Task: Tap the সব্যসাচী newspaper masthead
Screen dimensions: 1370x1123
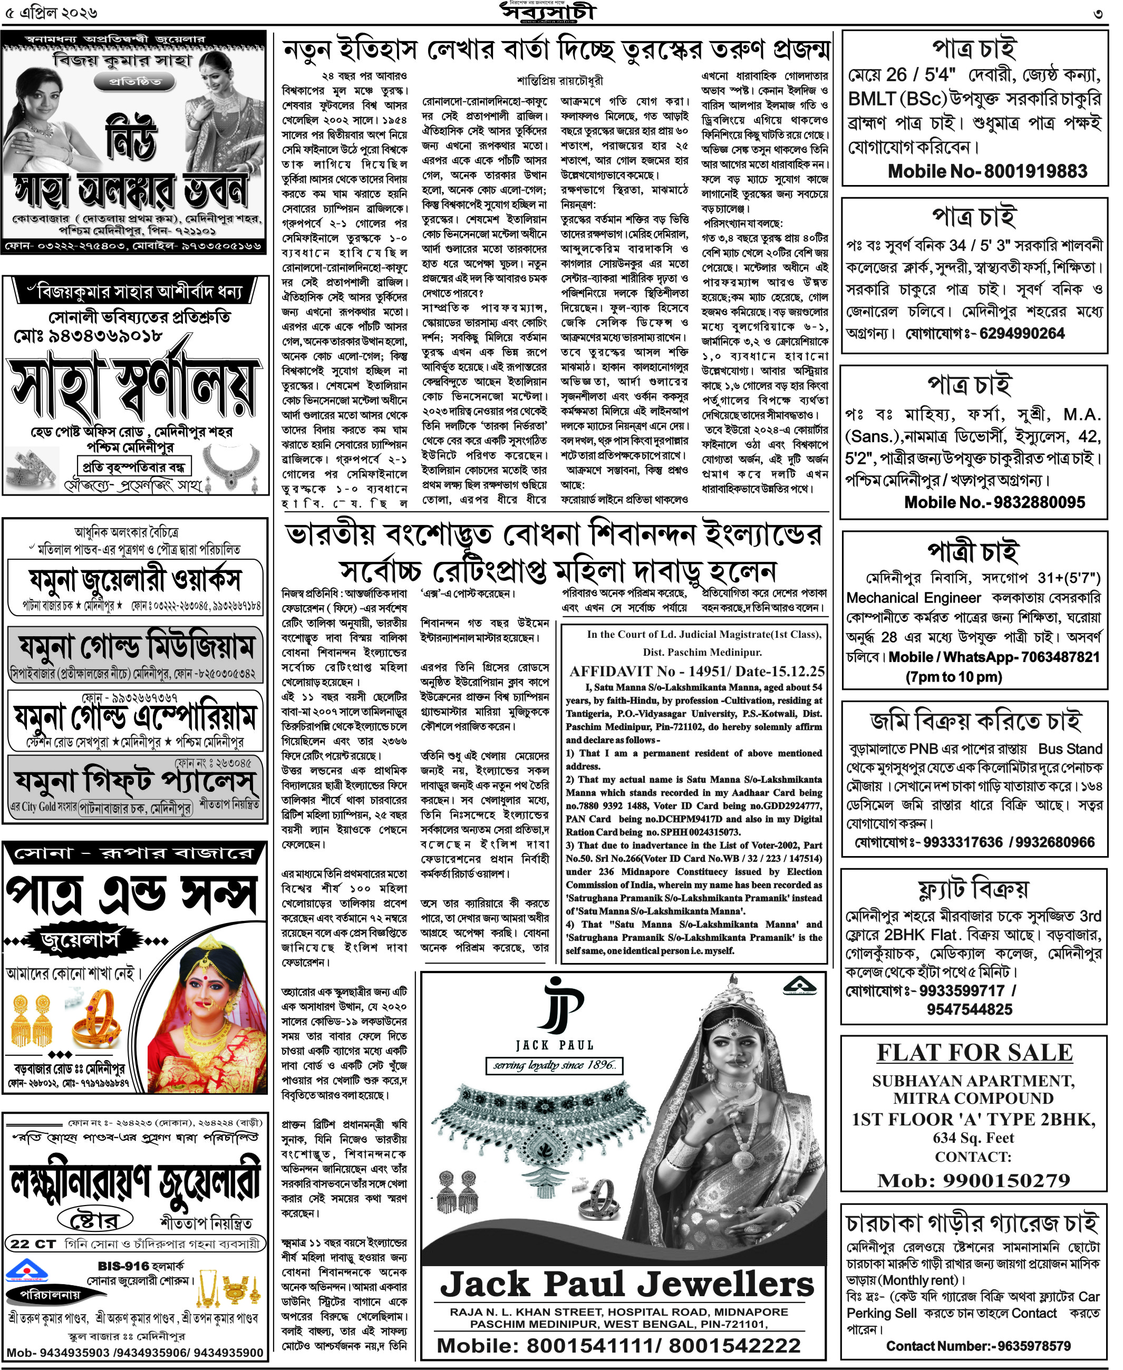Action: pos(548,12)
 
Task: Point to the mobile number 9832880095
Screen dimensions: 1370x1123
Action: pos(994,502)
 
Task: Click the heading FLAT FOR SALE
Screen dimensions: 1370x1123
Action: pos(974,1052)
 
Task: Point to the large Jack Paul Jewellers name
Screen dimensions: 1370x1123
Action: pos(626,1284)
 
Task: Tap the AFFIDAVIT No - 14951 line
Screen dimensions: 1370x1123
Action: pos(696,672)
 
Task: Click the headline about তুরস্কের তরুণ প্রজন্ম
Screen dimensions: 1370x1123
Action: pos(556,49)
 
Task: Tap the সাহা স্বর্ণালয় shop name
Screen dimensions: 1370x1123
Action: pos(134,385)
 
